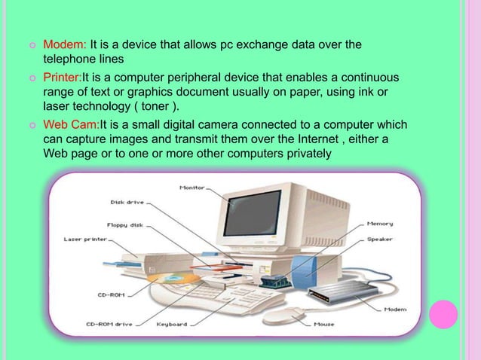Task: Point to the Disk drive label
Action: [x=126, y=202]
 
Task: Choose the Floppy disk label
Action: [x=126, y=224]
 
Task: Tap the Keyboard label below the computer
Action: [x=171, y=325]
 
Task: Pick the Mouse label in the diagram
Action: [x=324, y=325]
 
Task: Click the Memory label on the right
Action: [x=379, y=224]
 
